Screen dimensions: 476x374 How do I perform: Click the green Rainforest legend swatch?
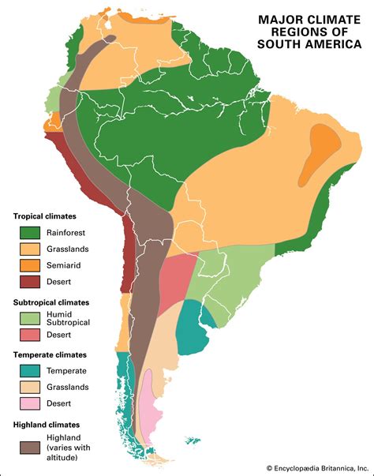click(31, 233)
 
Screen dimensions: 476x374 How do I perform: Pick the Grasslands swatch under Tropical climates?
click(31, 249)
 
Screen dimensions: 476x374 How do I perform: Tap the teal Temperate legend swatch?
click(31, 371)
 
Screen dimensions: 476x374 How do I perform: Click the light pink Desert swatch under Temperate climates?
click(31, 404)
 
